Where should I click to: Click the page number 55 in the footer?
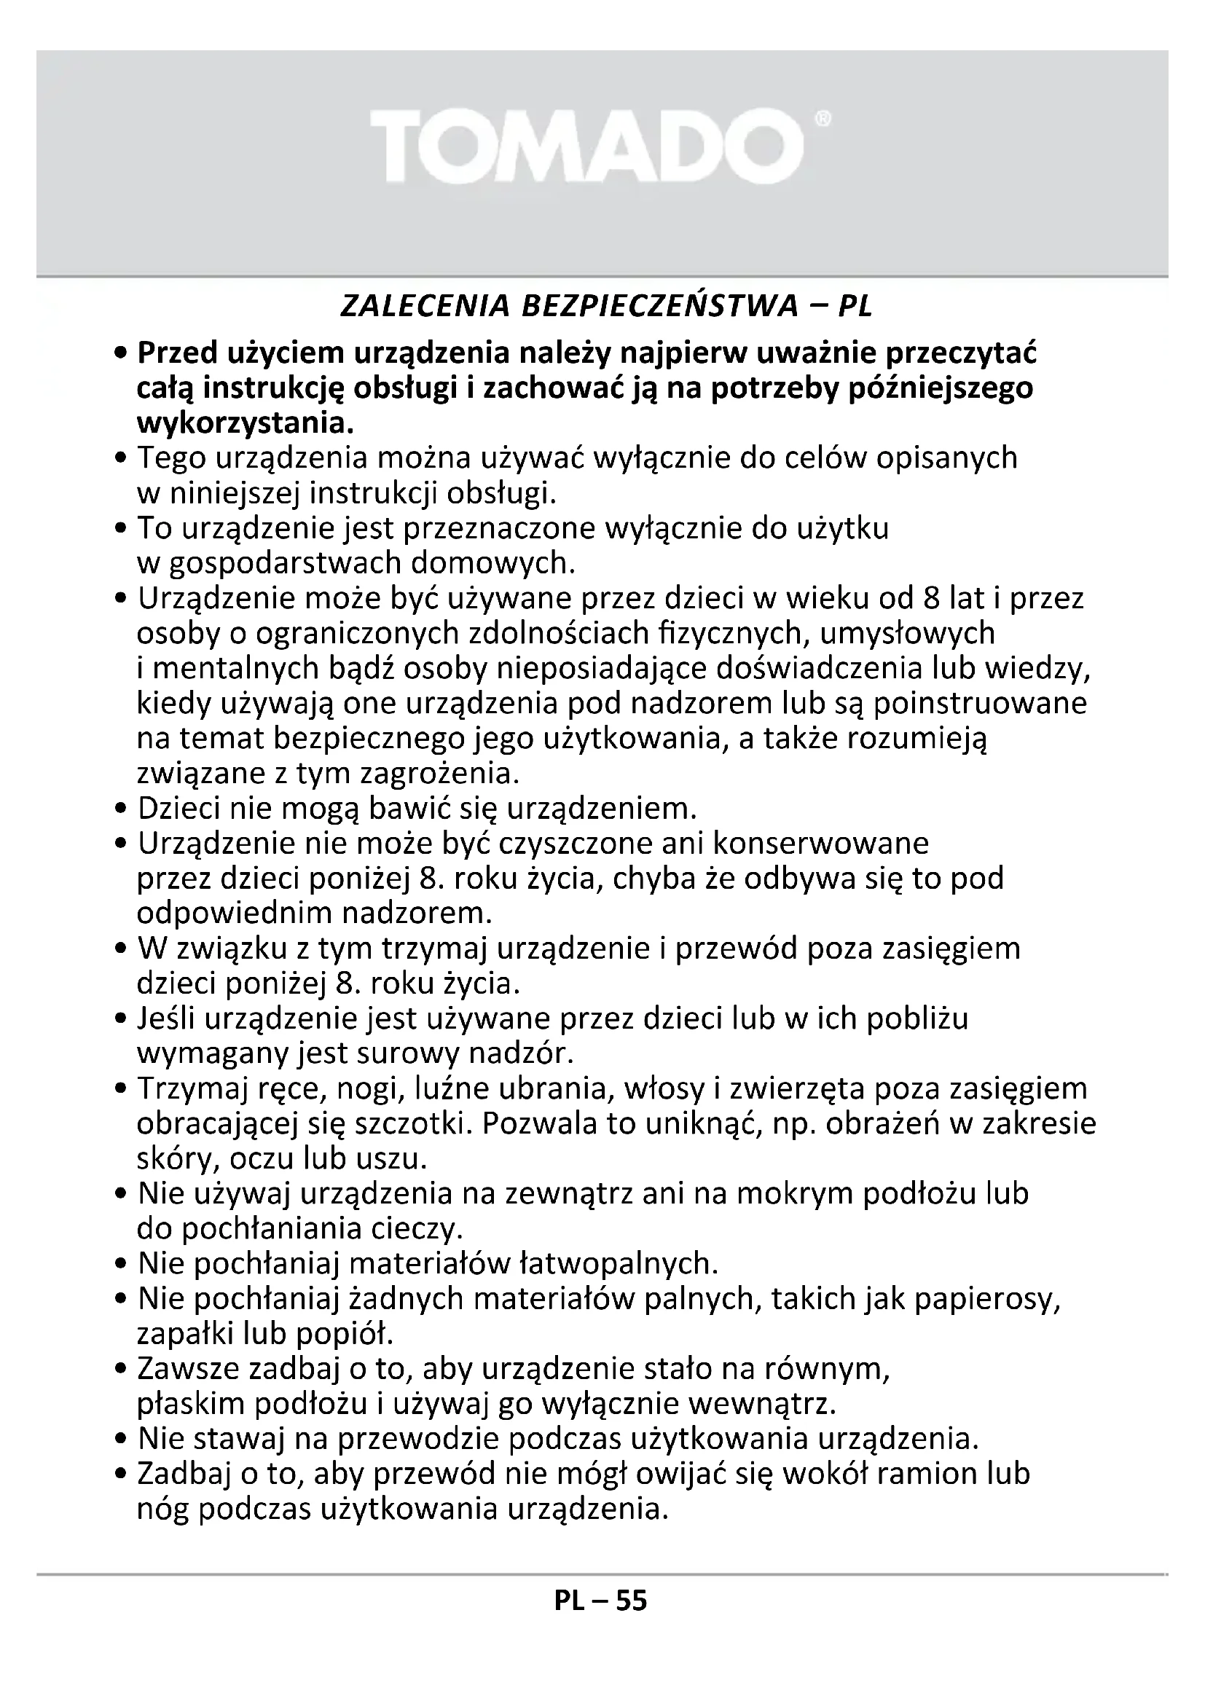[x=632, y=1622]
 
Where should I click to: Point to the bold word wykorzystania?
[x=244, y=424]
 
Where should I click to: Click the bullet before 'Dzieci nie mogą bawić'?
[x=122, y=809]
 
